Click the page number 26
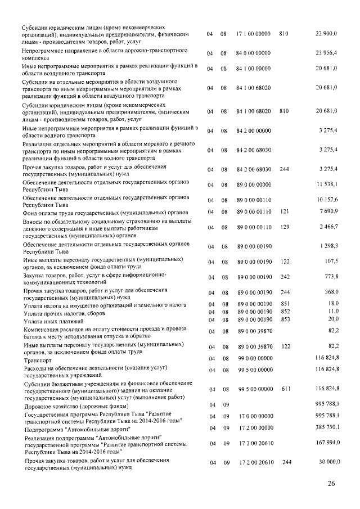pos(331,484)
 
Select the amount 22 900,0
pos(326,34)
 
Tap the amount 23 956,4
pos(326,54)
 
